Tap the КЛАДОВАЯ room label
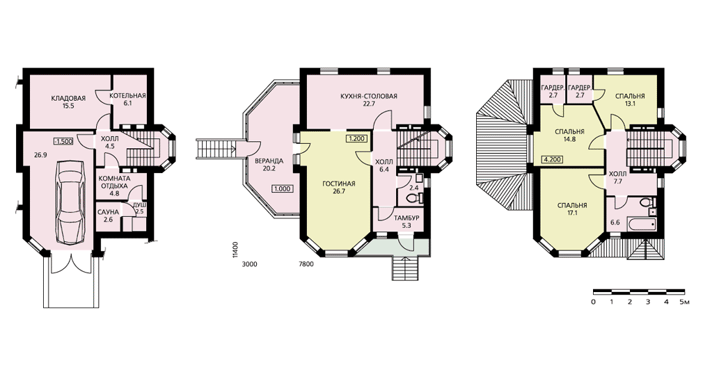point(68,99)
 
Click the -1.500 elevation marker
point(63,141)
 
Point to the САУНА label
point(108,212)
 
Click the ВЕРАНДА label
point(269,161)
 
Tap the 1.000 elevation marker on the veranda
point(283,188)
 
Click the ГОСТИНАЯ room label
point(339,184)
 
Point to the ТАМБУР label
point(406,218)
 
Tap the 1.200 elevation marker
point(356,138)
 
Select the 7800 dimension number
point(306,264)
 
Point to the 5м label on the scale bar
point(684,302)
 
